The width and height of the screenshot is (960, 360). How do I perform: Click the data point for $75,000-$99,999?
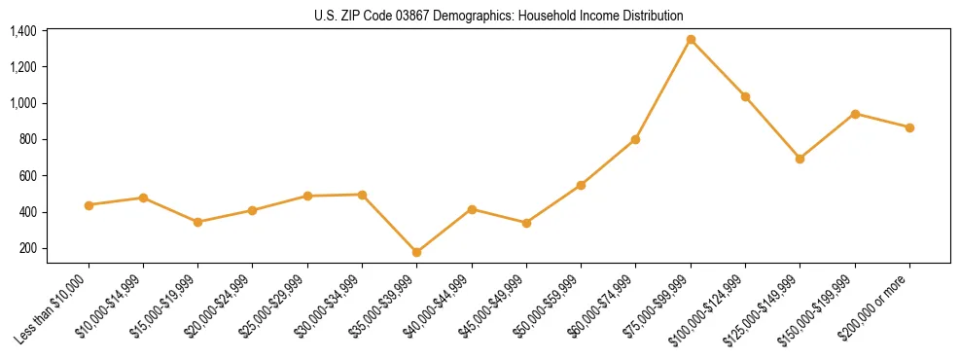pos(691,40)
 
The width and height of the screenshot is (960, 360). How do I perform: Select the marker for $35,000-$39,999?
pos(416,252)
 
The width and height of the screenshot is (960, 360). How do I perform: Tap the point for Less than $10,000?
pos(89,205)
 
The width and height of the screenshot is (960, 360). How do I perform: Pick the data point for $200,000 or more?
pos(909,127)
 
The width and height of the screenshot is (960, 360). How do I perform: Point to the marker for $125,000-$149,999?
pos(800,159)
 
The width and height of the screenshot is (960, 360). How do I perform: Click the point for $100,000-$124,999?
pos(745,96)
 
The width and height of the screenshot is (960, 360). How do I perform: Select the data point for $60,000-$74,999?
pos(635,139)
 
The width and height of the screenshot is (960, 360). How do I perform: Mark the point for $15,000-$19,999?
pos(197,222)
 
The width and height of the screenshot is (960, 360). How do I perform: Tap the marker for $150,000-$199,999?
pos(855,114)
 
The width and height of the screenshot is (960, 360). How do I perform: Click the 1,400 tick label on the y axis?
pos(22,31)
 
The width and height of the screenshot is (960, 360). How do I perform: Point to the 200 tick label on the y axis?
pos(27,248)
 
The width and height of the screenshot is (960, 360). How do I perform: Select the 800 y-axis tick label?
pos(27,140)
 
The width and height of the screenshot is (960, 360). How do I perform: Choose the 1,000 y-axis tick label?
pos(22,103)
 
